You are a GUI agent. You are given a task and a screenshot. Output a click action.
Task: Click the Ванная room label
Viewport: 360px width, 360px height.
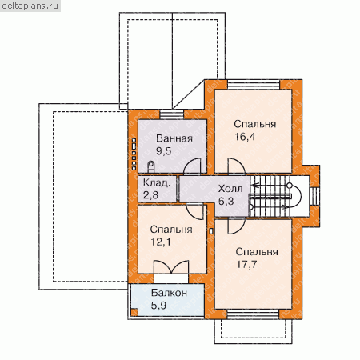click(x=174, y=138)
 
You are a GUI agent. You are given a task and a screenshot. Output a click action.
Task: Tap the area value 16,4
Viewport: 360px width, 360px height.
click(x=245, y=137)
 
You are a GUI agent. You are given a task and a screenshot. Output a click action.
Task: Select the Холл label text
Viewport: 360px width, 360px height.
click(x=230, y=189)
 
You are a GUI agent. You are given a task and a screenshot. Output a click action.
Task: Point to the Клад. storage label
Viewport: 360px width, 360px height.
click(x=157, y=183)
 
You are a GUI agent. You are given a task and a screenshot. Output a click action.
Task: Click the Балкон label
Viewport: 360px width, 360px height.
click(x=169, y=293)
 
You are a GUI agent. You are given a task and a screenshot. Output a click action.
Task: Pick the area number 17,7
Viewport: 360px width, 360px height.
click(x=246, y=264)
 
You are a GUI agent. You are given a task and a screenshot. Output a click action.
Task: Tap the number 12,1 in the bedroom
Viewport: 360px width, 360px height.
click(x=161, y=242)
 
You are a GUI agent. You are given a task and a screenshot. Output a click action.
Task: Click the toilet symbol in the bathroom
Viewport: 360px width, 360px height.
click(x=150, y=166)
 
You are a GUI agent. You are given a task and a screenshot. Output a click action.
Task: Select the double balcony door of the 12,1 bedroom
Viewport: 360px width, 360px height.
click(x=171, y=266)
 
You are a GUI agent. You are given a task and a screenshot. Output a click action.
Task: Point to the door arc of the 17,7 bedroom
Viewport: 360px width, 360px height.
click(x=237, y=226)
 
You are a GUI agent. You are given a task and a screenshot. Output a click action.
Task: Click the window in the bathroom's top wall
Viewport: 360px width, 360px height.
click(x=172, y=114)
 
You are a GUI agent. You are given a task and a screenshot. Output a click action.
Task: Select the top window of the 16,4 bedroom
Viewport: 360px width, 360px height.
click(x=254, y=84)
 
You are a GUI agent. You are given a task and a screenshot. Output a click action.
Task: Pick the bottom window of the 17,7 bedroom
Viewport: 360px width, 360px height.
click(x=254, y=314)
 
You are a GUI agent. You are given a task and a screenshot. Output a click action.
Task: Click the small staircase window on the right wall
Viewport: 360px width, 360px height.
click(x=314, y=197)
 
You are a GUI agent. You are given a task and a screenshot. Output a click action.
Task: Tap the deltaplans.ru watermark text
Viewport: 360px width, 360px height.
click(x=30, y=6)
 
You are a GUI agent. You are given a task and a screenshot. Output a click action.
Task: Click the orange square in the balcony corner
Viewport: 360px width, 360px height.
click(x=134, y=312)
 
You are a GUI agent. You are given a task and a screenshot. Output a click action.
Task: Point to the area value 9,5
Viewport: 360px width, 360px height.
click(x=163, y=151)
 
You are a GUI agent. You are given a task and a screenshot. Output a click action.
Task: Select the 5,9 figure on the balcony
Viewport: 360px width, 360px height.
click(x=158, y=306)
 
